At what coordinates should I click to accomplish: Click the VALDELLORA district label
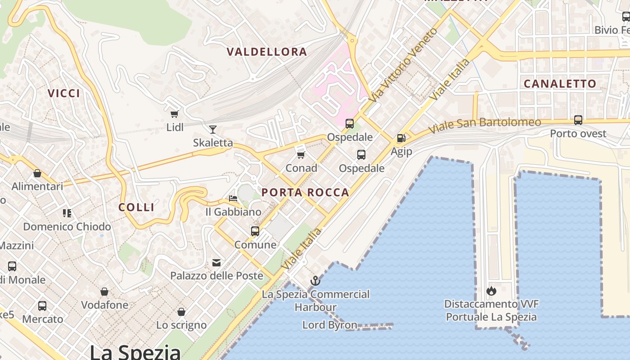(267, 52)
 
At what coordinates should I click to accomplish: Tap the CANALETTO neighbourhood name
(560, 84)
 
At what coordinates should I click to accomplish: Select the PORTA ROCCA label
(305, 193)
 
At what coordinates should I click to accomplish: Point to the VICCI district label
(64, 93)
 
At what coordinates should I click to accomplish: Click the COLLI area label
(136, 207)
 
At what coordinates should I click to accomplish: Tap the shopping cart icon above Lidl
(175, 114)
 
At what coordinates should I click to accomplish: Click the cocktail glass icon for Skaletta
(213, 130)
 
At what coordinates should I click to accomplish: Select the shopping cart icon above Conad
(301, 155)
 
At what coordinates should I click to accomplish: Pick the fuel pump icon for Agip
(401, 138)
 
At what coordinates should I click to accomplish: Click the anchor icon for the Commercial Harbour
(315, 281)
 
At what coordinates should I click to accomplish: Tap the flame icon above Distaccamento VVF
(491, 291)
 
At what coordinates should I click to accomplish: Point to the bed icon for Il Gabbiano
(233, 198)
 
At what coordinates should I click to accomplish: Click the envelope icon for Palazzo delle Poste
(216, 263)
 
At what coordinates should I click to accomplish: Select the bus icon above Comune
(255, 231)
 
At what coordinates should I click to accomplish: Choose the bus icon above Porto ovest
(578, 120)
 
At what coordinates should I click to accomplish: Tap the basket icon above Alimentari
(37, 173)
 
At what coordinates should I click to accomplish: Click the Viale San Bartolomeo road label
(484, 126)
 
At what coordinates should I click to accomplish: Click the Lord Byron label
(329, 325)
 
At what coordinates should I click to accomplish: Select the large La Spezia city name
(135, 351)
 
